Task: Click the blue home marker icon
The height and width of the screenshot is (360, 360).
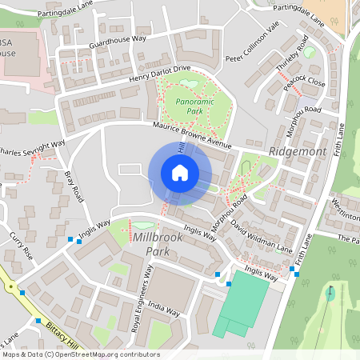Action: coord(180,173)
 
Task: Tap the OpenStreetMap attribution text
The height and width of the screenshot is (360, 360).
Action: coord(80,354)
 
